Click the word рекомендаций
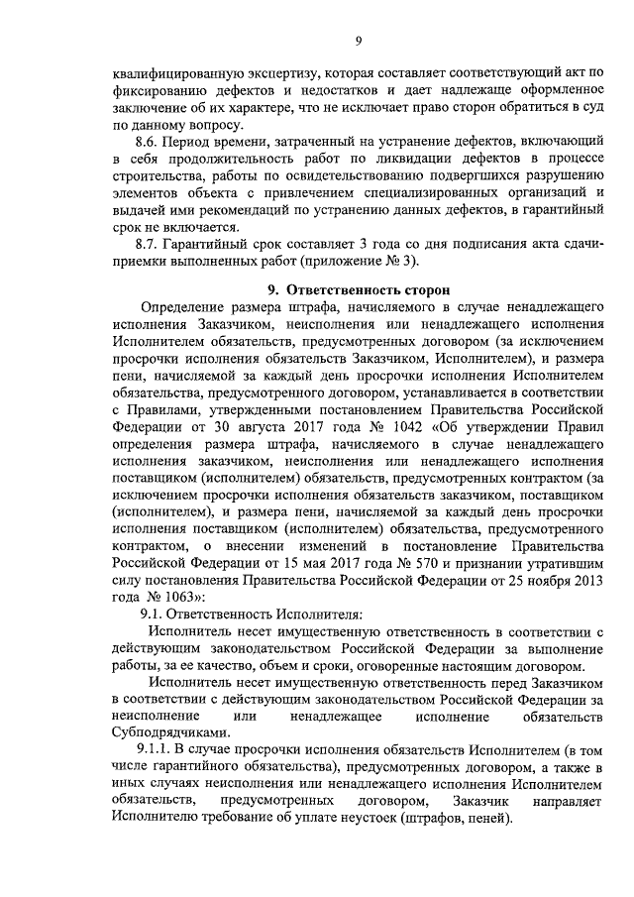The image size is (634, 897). [248, 211]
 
